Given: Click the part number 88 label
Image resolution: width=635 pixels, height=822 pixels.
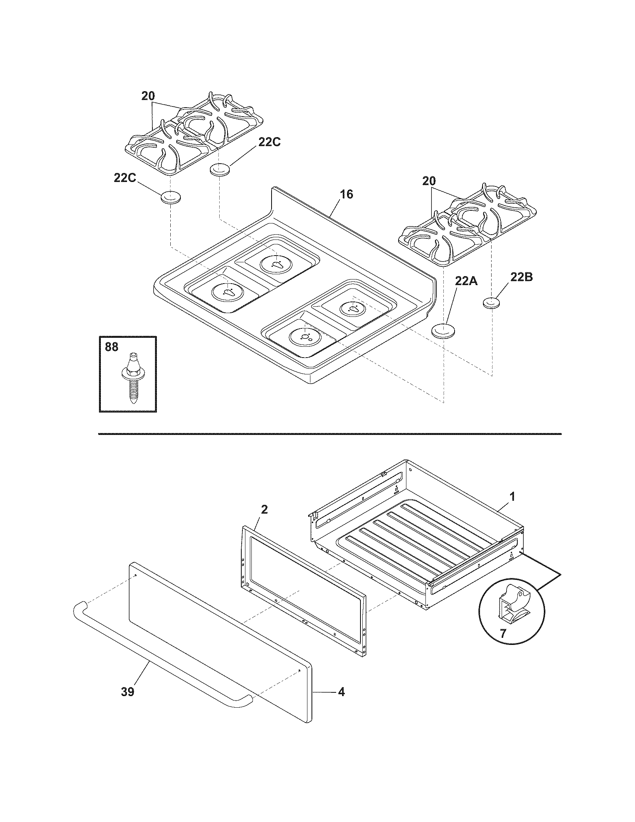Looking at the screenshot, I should [111, 347].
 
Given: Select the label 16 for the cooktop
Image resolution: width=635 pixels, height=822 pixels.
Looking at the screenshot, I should [347, 194].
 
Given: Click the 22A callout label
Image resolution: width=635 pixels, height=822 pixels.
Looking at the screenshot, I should [466, 280].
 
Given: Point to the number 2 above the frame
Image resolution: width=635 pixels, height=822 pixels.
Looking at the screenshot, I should [264, 510].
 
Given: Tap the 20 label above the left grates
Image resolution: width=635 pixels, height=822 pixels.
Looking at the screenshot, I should [148, 96].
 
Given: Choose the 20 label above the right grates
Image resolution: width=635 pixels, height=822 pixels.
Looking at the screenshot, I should [428, 181].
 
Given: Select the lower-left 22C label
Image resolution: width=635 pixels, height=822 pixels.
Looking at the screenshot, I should [125, 178].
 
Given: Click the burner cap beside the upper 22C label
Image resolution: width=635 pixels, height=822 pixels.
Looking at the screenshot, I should [219, 169].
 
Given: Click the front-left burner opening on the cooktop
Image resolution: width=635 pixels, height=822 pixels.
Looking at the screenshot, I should [228, 292].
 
